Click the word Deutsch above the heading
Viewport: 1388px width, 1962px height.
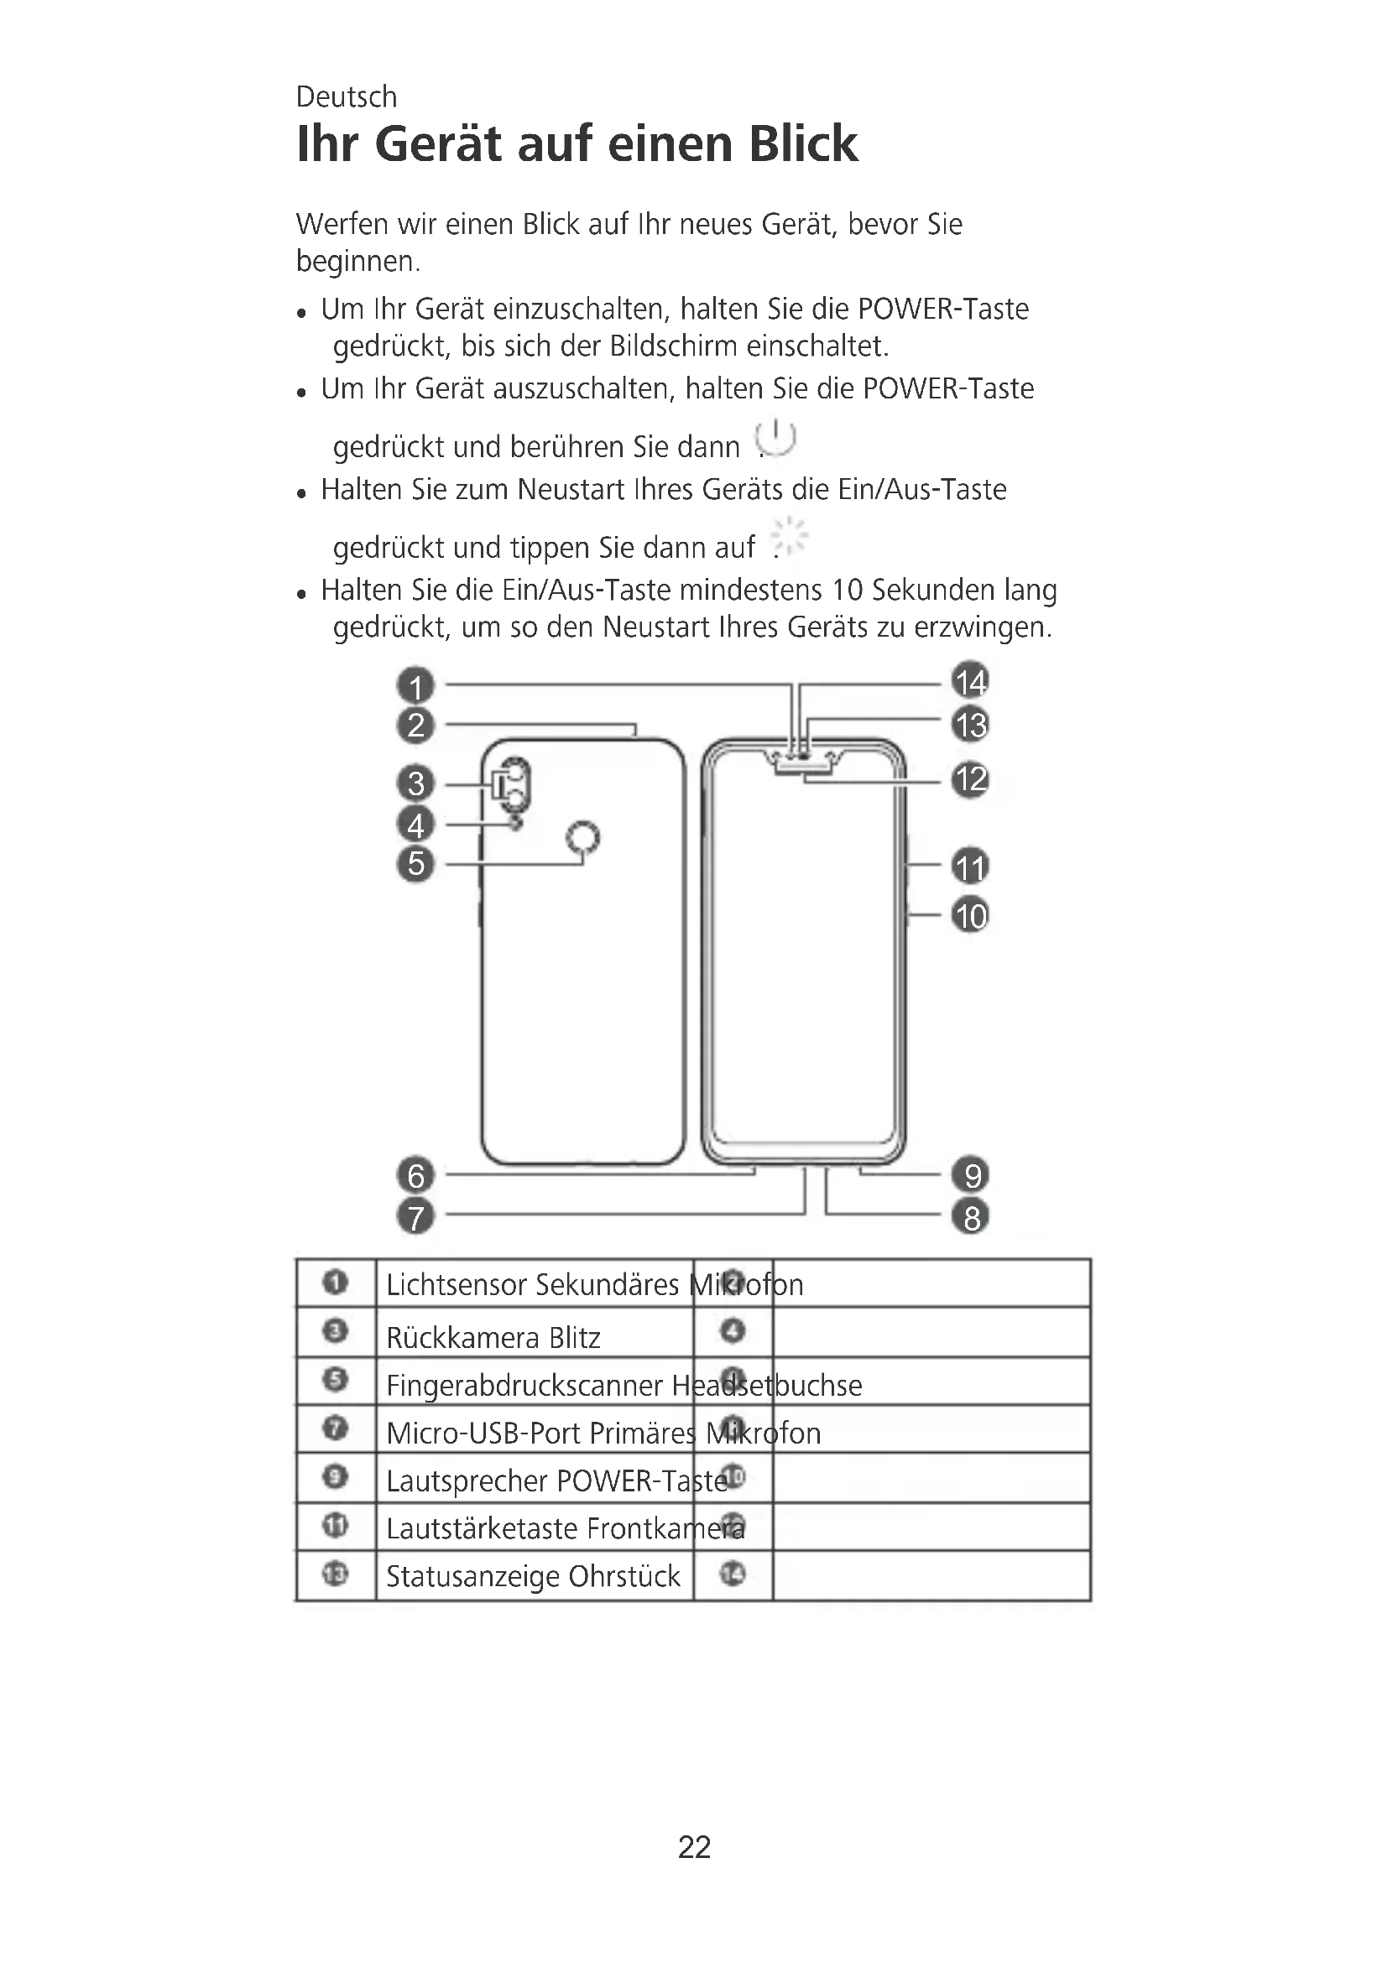coord(346,96)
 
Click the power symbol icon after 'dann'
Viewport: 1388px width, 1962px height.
coord(776,439)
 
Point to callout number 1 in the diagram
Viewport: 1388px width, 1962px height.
coord(416,686)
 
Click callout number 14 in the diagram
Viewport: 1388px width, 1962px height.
coord(970,682)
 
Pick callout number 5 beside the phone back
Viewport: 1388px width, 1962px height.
coord(416,864)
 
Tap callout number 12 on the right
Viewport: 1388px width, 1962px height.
coord(970,780)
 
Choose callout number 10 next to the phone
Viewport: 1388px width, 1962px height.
coord(970,916)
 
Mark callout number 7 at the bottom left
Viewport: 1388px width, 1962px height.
coord(416,1217)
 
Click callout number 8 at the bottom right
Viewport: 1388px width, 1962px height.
coord(971,1217)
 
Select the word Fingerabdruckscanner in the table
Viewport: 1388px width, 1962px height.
coord(524,1385)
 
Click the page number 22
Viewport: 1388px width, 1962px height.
coord(694,1847)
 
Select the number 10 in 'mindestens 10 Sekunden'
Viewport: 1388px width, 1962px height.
coord(848,591)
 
